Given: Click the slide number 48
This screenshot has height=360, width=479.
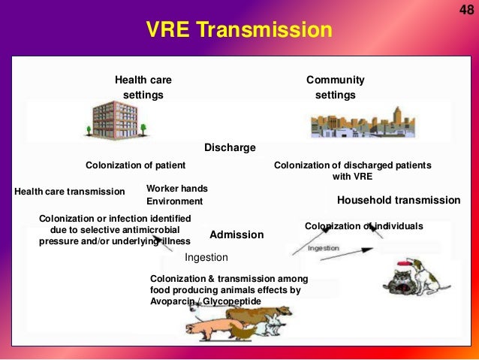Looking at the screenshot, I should click(465, 8).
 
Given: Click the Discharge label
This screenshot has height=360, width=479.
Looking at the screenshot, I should click(230, 147).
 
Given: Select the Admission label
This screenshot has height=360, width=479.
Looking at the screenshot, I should click(236, 234).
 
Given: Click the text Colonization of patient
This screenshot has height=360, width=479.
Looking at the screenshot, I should click(135, 165).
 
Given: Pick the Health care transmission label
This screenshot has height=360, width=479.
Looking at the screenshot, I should click(69, 192).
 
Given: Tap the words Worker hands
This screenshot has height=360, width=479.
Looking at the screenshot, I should click(176, 188).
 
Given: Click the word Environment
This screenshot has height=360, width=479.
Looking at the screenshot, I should click(174, 201).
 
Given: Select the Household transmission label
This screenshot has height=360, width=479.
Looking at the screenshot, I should click(399, 200).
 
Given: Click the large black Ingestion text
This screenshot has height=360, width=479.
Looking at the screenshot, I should click(206, 257).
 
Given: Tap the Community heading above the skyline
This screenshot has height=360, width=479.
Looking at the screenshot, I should click(335, 80).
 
